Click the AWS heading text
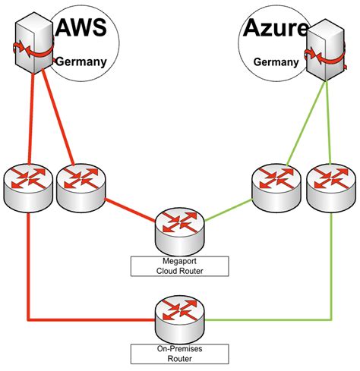point(88,31)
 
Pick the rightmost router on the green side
point(330,185)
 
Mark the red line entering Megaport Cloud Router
point(129,210)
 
